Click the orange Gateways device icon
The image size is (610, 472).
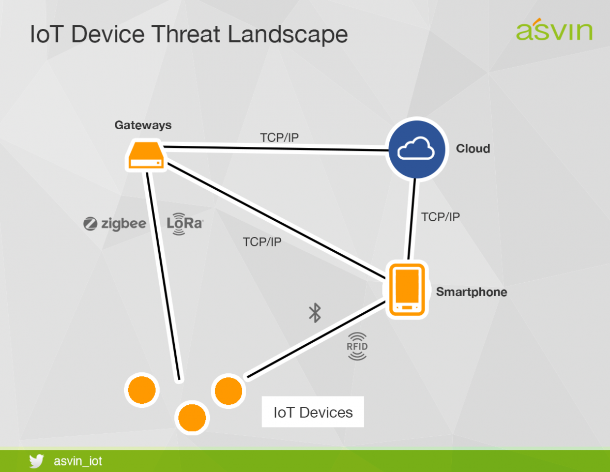point(146,156)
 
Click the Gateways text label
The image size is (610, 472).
point(143,125)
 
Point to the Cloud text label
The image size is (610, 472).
point(472,149)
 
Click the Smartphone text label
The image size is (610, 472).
point(471,292)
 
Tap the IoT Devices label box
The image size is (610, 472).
point(313,412)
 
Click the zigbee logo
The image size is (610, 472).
point(115,224)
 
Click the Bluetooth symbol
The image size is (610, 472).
point(314,313)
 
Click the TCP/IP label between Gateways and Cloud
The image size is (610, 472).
point(279,137)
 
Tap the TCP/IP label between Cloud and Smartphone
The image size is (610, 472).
point(440,217)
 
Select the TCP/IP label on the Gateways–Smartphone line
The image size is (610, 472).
point(262,241)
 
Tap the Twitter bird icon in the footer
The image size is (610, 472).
point(36,461)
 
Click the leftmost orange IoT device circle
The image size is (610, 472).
point(142,390)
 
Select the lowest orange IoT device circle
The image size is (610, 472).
point(192,418)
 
